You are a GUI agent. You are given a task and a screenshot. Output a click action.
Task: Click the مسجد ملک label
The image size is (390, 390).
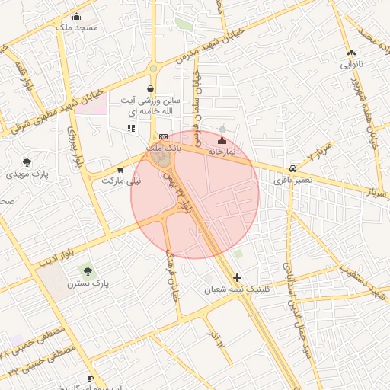coord(78,27)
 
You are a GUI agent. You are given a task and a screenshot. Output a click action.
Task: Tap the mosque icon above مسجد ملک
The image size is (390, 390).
coord(75,16)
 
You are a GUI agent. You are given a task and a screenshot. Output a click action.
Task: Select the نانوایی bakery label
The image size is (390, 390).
coord(350,65)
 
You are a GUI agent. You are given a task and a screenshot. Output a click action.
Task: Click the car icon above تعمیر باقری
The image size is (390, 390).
coord(292,168)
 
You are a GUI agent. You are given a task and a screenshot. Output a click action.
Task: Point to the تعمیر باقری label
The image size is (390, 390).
coord(292,181)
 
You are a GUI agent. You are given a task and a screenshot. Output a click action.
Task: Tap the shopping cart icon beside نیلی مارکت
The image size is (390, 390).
coord(120,170)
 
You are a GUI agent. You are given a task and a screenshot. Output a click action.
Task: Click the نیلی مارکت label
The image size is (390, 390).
coord(122,181)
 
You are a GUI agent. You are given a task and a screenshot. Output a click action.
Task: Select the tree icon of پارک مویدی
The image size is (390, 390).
coord(27,161)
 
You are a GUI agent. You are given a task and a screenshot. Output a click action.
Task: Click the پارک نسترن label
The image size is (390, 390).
coord(88,283)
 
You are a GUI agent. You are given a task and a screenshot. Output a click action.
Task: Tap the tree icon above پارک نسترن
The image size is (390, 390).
coord(88,270)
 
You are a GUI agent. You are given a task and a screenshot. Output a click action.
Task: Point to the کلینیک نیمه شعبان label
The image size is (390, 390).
coord(234,290)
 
